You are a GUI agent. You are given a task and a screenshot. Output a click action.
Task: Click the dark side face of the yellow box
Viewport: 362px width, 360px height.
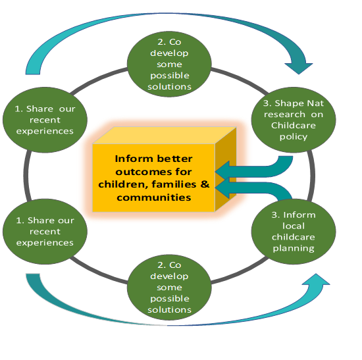point(226,168)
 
